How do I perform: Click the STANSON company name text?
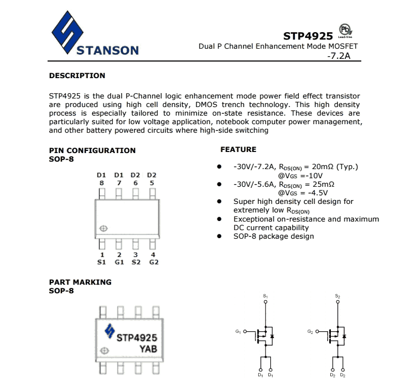tap(107, 51)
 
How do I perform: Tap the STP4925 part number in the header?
tap(308, 36)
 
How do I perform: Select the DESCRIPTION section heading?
tap(77, 75)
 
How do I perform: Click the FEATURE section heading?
tap(238, 149)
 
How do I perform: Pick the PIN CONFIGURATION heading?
tap(92, 150)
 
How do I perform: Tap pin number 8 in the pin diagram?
tap(102, 183)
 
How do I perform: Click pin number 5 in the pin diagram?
tap(152, 183)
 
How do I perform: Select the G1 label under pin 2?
tap(119, 262)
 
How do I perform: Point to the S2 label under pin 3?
tap(136, 262)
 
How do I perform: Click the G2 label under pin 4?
tap(153, 262)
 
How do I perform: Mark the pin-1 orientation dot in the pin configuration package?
tap(104, 229)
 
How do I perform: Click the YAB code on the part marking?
tap(149, 348)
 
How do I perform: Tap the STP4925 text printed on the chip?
tap(137, 338)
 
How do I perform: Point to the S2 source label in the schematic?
tap(337, 296)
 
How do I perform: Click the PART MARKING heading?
tap(80, 282)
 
